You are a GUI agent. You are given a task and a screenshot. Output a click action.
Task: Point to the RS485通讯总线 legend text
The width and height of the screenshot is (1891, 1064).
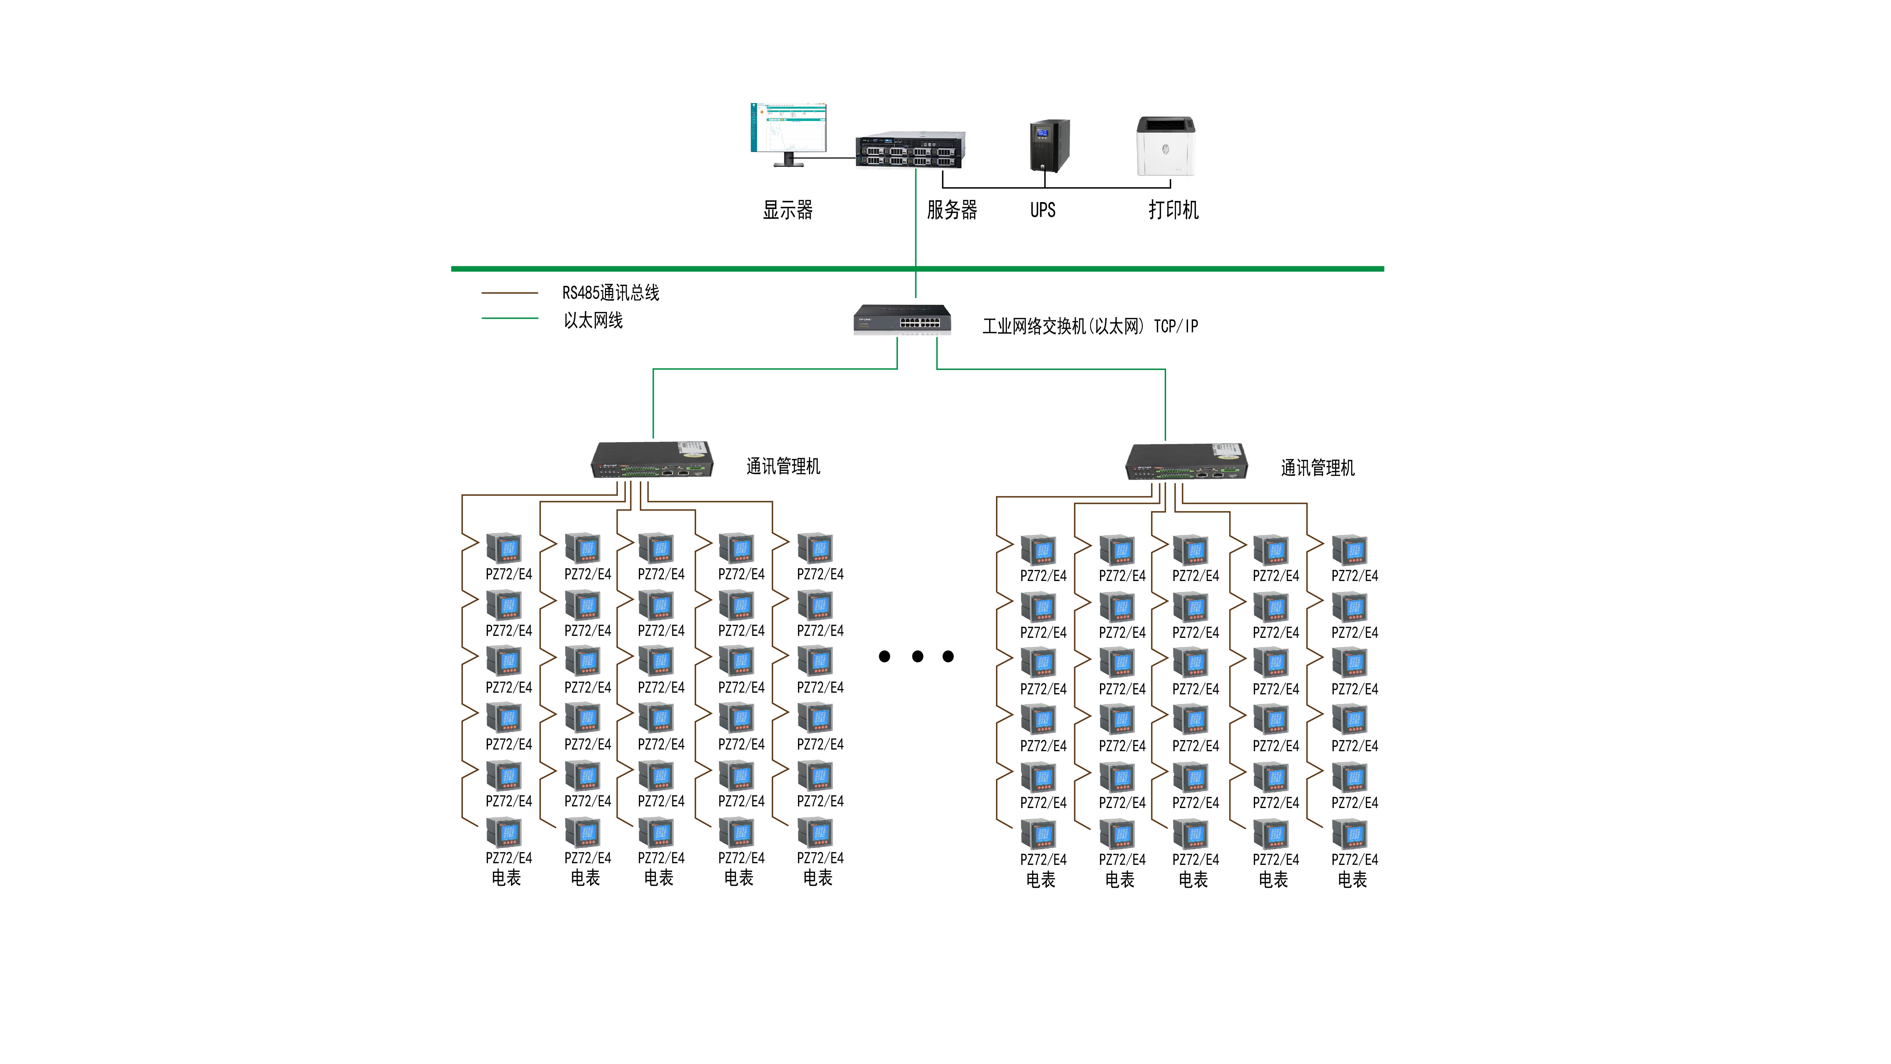point(611,293)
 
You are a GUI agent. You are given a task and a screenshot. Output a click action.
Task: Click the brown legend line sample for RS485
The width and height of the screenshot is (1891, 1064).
point(509,293)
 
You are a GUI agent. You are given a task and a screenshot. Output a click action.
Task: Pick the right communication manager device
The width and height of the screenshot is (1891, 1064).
point(1186,462)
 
